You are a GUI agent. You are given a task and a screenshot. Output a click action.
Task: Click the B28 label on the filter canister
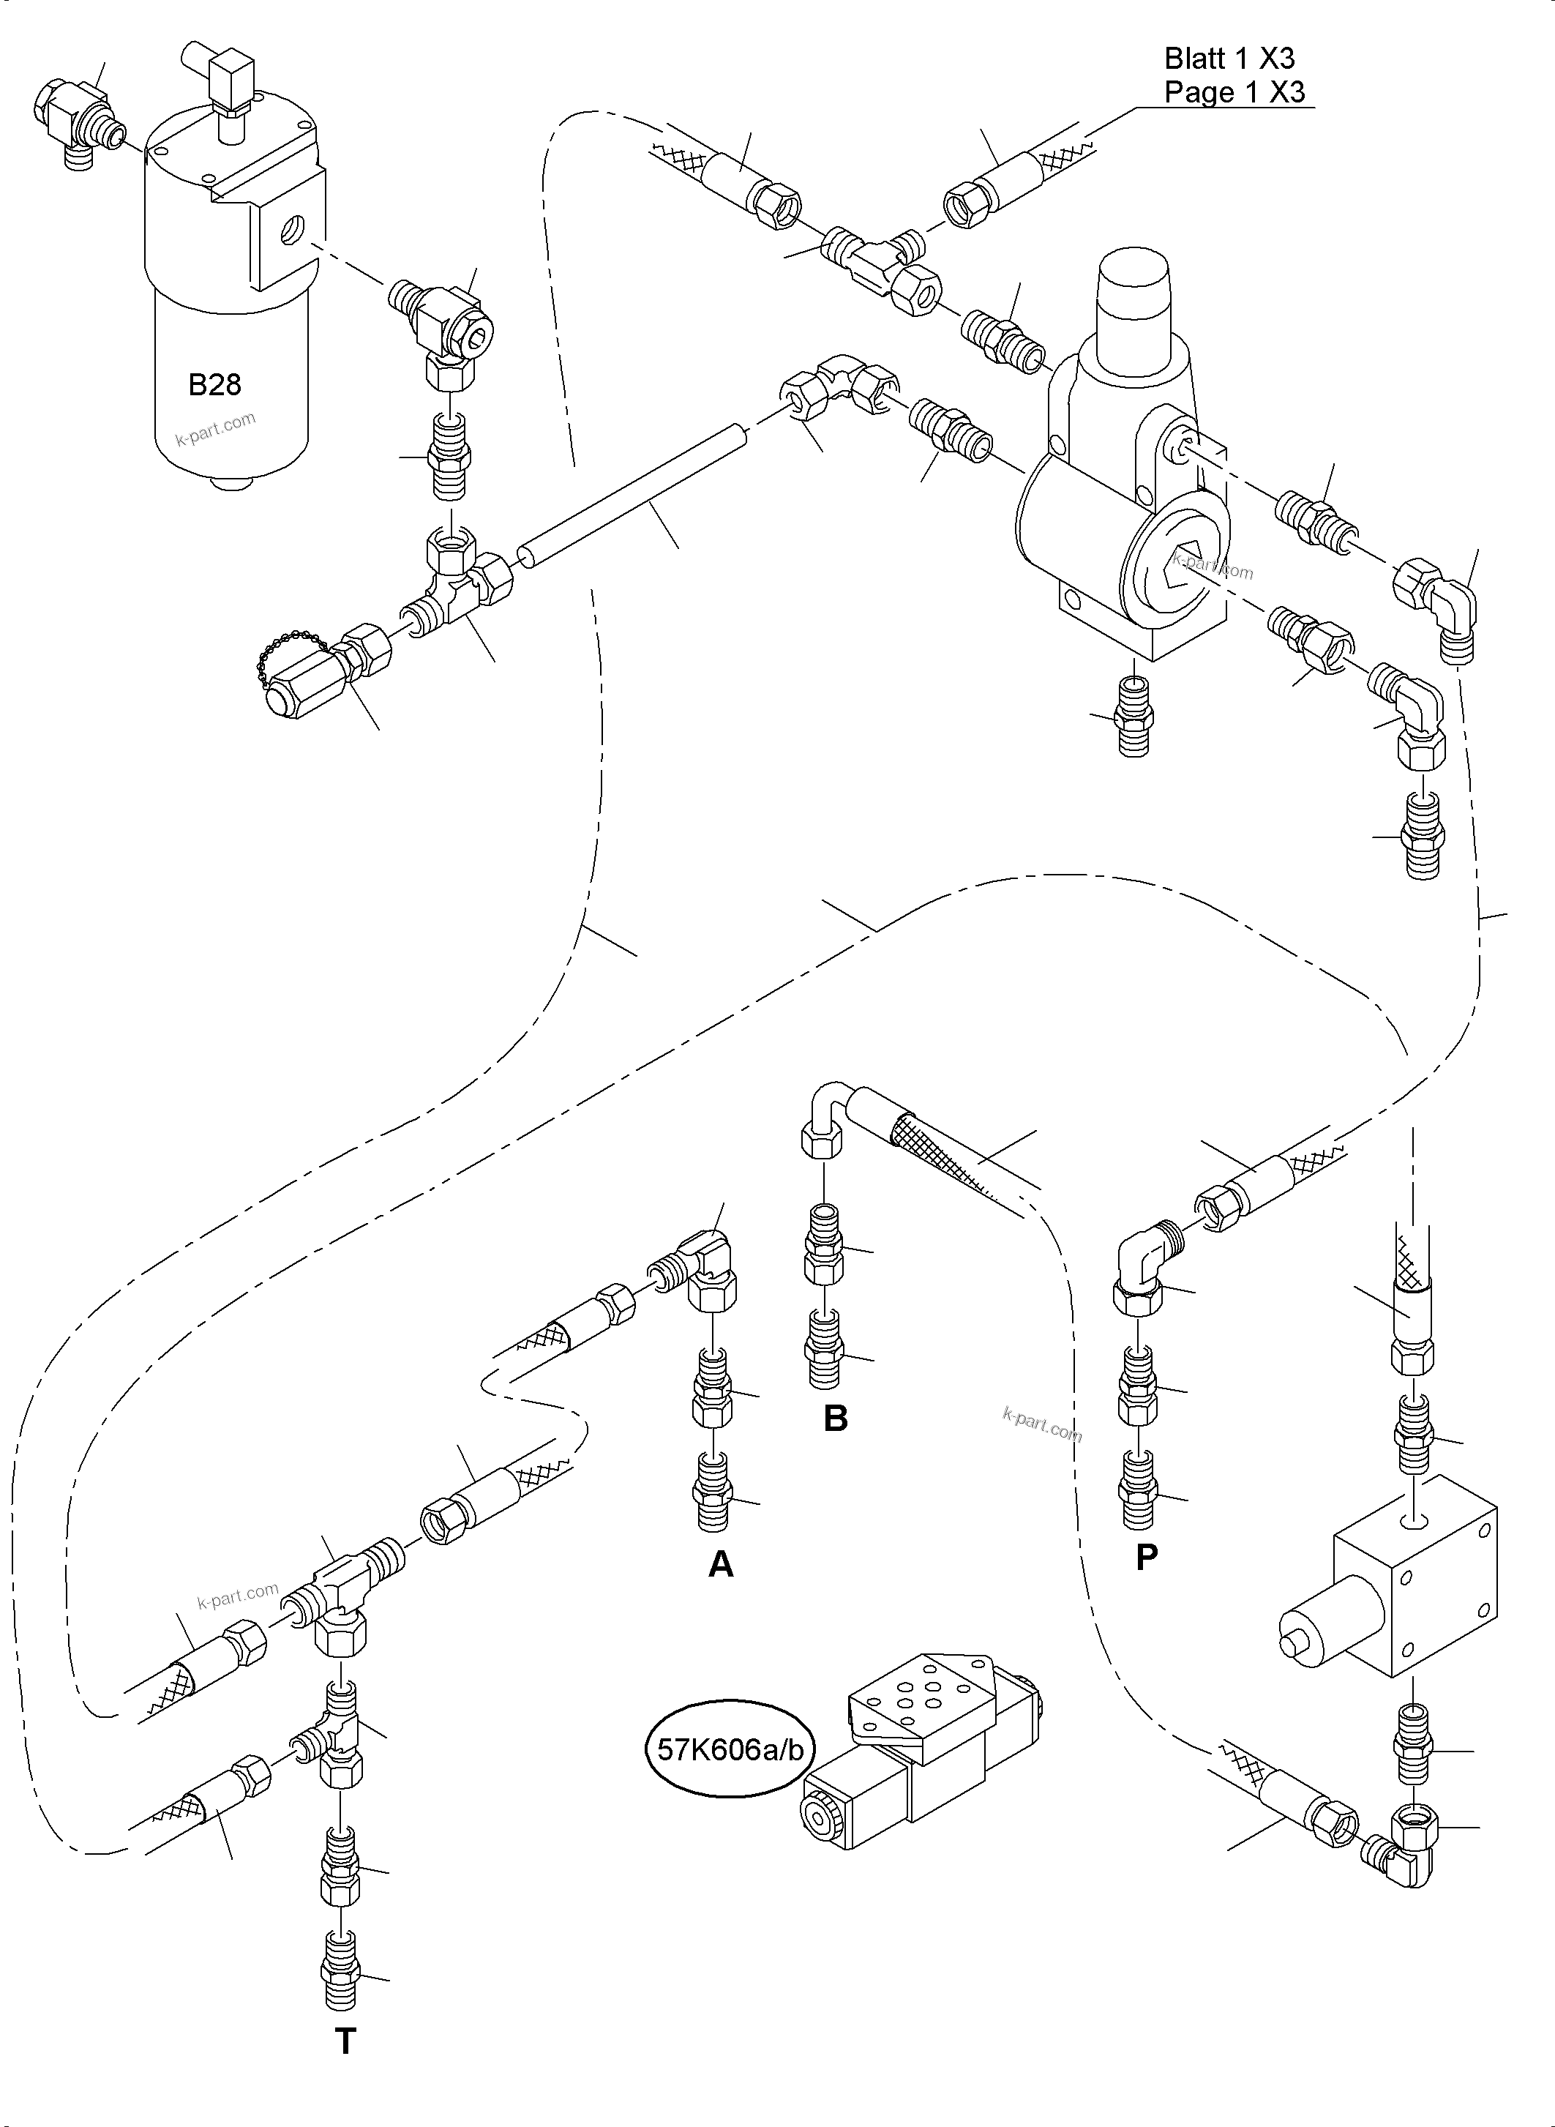coord(214,384)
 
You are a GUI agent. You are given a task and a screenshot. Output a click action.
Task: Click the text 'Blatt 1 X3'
coord(1229,59)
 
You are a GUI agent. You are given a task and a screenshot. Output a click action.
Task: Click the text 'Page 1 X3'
coord(1233,92)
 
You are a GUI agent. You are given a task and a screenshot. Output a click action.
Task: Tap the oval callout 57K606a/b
coord(730,1749)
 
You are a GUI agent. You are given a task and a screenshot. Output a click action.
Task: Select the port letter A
coord(720,1564)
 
